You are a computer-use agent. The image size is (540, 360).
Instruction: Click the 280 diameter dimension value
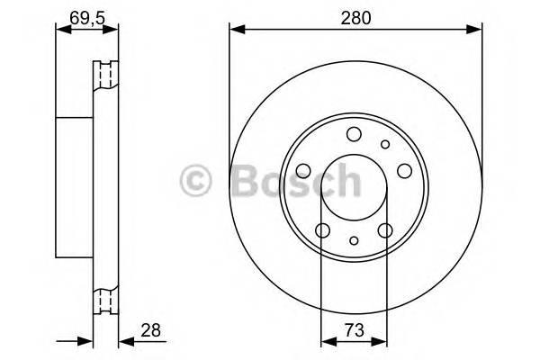(354, 15)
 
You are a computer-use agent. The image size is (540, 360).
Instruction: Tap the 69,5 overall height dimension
(86, 15)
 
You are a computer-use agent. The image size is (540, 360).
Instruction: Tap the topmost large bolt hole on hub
(353, 134)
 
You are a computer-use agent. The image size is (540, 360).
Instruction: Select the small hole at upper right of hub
(385, 144)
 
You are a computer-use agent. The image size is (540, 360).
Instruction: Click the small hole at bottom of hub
(354, 240)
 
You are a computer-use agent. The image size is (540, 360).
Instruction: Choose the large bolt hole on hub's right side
(404, 171)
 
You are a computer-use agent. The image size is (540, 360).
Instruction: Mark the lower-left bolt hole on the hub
(321, 231)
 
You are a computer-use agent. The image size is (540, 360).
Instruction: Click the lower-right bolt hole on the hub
(385, 231)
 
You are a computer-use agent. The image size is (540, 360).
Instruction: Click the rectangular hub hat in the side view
(75, 187)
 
